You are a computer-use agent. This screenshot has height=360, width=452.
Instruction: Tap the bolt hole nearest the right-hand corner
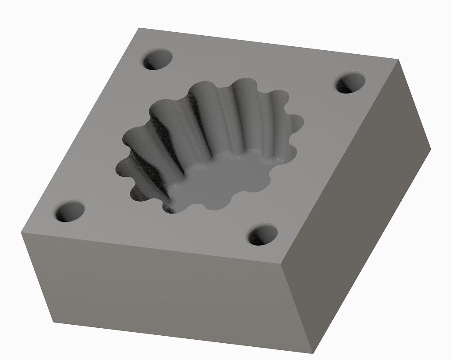pyautogui.click(x=351, y=83)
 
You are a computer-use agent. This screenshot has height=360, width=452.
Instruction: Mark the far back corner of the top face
pyautogui.click(x=139, y=28)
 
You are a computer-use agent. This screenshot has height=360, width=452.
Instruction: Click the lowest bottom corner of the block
pyautogui.click(x=313, y=353)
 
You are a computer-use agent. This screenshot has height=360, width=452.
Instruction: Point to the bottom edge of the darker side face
pyautogui.click(x=373, y=250)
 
